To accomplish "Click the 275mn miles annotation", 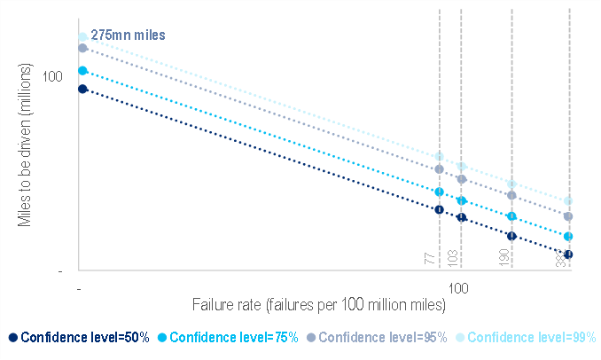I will [x=129, y=35].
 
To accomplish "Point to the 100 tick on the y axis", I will [x=53, y=76].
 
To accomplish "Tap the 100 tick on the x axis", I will [x=458, y=289].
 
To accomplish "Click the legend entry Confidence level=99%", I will [x=530, y=337].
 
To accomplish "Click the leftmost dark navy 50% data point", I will [x=82, y=89].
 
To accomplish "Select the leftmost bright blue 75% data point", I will [x=82, y=71].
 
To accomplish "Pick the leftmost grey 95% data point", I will [x=82, y=48].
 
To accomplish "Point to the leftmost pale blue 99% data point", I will [x=82, y=37].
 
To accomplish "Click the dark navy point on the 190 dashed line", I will [x=511, y=236].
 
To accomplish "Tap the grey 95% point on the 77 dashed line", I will [x=439, y=168].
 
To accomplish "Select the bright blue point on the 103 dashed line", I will [x=461, y=201].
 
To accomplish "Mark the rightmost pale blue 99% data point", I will [x=568, y=201].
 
